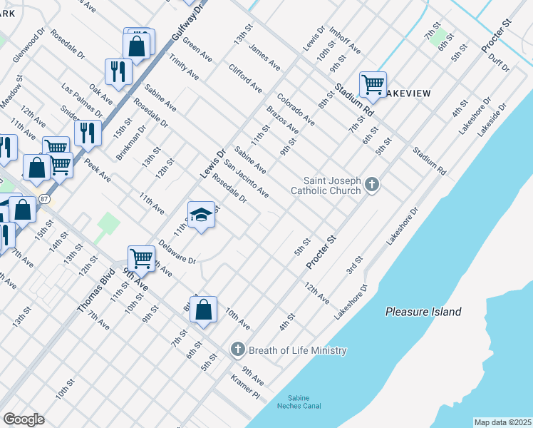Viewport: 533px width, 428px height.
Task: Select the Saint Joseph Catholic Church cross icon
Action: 371,185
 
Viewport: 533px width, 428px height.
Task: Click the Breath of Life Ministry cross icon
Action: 237,350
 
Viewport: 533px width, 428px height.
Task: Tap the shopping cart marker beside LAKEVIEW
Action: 373,85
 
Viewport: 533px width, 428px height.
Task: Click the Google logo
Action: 24,419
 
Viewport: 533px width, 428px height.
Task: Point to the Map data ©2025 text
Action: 502,422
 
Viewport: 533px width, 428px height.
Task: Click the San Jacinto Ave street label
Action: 247,178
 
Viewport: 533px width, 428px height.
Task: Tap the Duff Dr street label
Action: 499,63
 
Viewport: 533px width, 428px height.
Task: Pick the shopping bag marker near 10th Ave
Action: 203,310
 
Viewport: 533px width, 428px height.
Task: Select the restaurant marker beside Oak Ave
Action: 118,71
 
